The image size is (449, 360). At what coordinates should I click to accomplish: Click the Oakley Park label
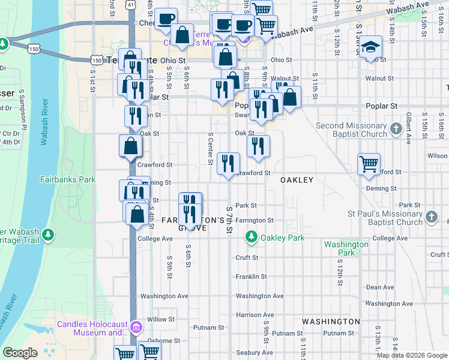282,238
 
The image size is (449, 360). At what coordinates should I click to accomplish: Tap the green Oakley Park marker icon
251,238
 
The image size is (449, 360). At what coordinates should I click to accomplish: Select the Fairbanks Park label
68,179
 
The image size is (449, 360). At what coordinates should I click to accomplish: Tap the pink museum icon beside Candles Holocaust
136,328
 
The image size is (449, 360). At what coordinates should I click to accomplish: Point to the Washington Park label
346,248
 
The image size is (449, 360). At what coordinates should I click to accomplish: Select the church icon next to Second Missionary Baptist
396,129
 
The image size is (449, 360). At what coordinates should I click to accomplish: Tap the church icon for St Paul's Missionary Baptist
431,217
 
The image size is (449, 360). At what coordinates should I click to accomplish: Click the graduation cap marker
371,46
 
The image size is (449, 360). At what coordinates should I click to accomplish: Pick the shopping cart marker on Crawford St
369,163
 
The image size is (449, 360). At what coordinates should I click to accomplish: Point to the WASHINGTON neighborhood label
331,322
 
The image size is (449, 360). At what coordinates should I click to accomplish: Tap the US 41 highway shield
131,4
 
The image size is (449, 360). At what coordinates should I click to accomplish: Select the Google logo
20,353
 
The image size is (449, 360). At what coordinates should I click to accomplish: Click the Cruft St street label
247,257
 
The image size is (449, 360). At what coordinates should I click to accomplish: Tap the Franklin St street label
251,277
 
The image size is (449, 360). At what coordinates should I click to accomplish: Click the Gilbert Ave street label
408,127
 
